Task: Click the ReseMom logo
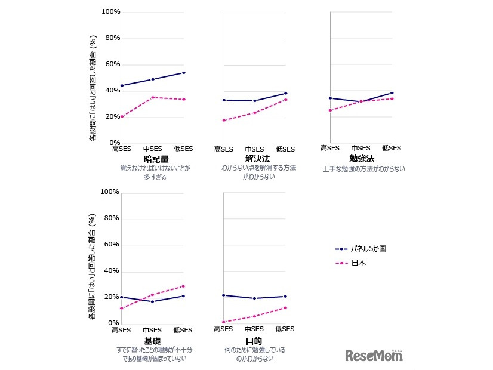374,356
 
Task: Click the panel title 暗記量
156,159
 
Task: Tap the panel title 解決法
258,159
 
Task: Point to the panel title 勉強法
362,158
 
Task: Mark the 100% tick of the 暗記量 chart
111,12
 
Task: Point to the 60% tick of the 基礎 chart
112,245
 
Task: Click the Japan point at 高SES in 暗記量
122,116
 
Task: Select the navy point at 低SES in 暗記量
184,73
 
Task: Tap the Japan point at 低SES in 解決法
286,100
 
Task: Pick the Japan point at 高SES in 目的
223,322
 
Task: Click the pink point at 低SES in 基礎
183,286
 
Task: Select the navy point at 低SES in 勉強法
392,93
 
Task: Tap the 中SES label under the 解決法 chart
254,149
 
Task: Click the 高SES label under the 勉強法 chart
330,148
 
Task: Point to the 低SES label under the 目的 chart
285,329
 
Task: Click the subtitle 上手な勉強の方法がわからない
363,169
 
